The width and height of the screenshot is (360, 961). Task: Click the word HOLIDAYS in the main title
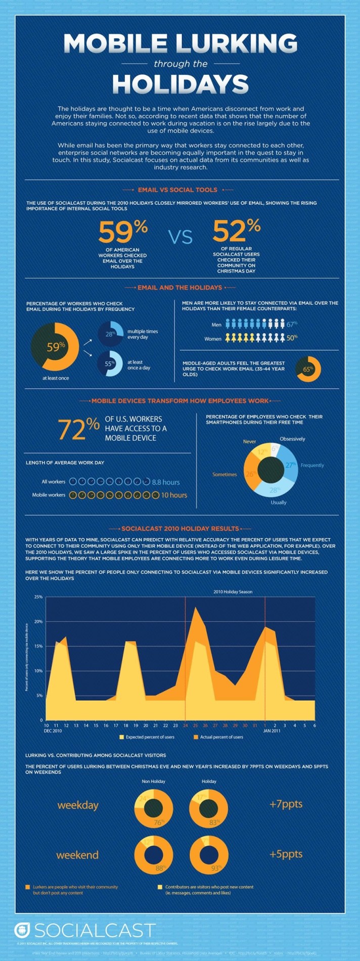point(180,84)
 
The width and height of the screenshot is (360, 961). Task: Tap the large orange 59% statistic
point(122,231)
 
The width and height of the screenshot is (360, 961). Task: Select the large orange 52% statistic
point(236,230)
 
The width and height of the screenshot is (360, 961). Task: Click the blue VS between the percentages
point(180,237)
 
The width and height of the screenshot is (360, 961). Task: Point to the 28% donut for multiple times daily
point(110,334)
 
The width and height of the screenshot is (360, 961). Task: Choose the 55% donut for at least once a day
point(110,363)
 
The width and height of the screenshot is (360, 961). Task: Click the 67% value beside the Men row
point(292,324)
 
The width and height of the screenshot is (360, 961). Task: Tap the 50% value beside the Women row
point(292,338)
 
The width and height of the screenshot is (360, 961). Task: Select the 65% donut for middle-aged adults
point(307,369)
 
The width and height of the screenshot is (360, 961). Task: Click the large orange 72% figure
point(78,428)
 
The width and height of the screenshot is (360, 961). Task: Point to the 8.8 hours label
point(165,482)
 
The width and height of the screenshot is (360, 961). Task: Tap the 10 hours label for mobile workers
point(174,495)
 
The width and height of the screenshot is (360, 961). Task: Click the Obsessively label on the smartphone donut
point(292,439)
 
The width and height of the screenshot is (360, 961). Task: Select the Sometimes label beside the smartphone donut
point(224,474)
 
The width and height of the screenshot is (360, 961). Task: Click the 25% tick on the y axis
point(38,597)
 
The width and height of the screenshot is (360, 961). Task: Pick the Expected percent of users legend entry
point(147,737)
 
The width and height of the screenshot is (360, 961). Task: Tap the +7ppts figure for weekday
point(286,804)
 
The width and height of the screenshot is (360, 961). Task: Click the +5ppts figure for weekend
point(286,854)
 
